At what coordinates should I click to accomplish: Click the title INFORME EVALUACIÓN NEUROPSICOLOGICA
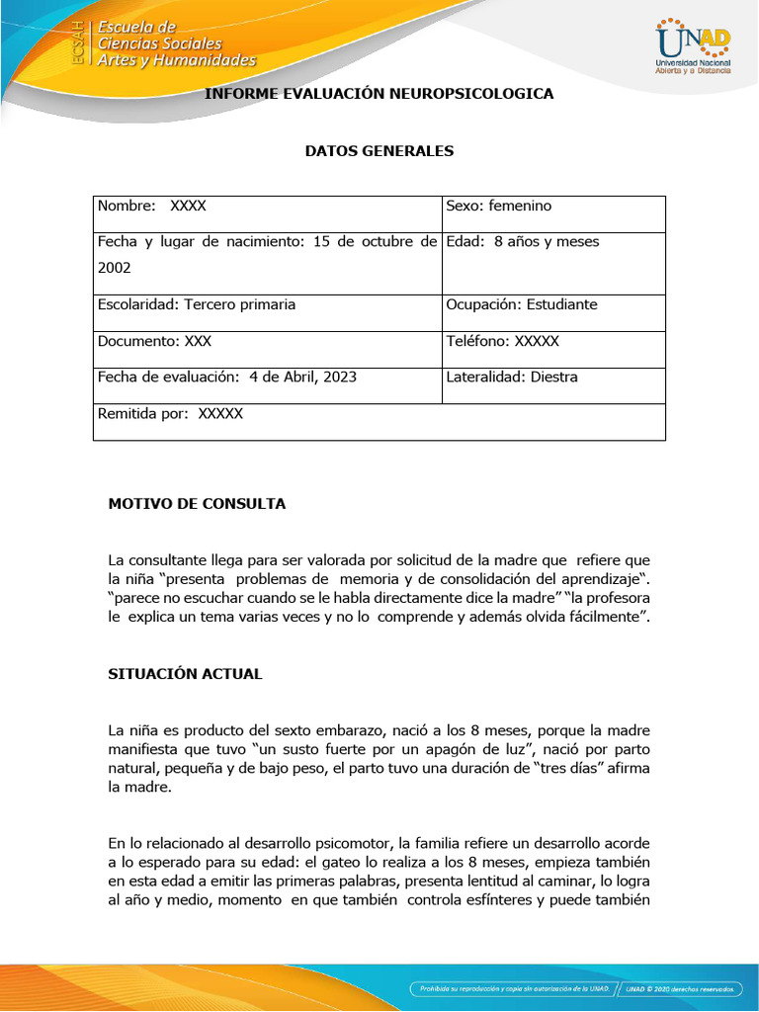coord(379,94)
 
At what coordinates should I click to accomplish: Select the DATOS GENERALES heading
coord(379,151)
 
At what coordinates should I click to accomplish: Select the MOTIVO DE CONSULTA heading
coord(197,504)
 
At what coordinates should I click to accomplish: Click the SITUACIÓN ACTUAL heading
coord(185,674)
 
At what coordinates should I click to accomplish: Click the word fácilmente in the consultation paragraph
coord(600,617)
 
